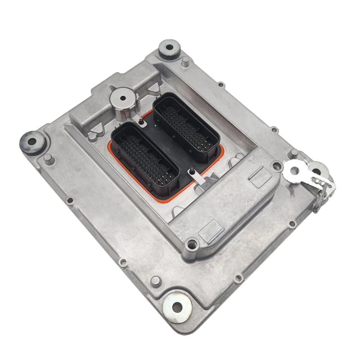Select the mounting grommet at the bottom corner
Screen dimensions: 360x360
point(177,306)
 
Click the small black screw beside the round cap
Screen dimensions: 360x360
point(141,121)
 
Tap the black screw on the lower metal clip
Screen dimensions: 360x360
point(192,171)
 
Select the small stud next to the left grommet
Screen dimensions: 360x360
point(48,158)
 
